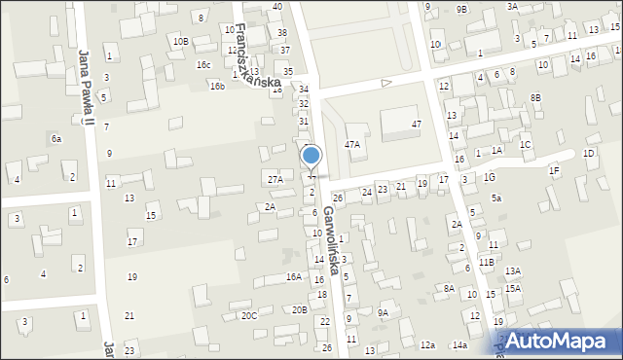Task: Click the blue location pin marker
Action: (x=311, y=158)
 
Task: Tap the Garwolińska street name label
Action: (x=333, y=239)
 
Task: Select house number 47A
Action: (x=352, y=144)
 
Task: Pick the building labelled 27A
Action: (x=275, y=179)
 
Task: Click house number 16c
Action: (x=203, y=65)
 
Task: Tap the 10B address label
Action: (x=180, y=41)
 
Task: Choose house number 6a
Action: (x=56, y=139)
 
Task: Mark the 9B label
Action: (x=461, y=9)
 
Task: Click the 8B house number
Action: (x=535, y=97)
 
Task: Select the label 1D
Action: (x=588, y=154)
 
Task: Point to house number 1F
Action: (x=554, y=171)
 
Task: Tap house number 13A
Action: (x=513, y=271)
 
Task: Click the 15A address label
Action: (x=513, y=289)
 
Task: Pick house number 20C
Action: (x=249, y=315)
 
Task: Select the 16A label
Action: (x=294, y=277)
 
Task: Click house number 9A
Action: (x=384, y=312)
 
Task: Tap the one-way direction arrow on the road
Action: (x=385, y=83)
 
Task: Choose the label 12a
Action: (x=427, y=344)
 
